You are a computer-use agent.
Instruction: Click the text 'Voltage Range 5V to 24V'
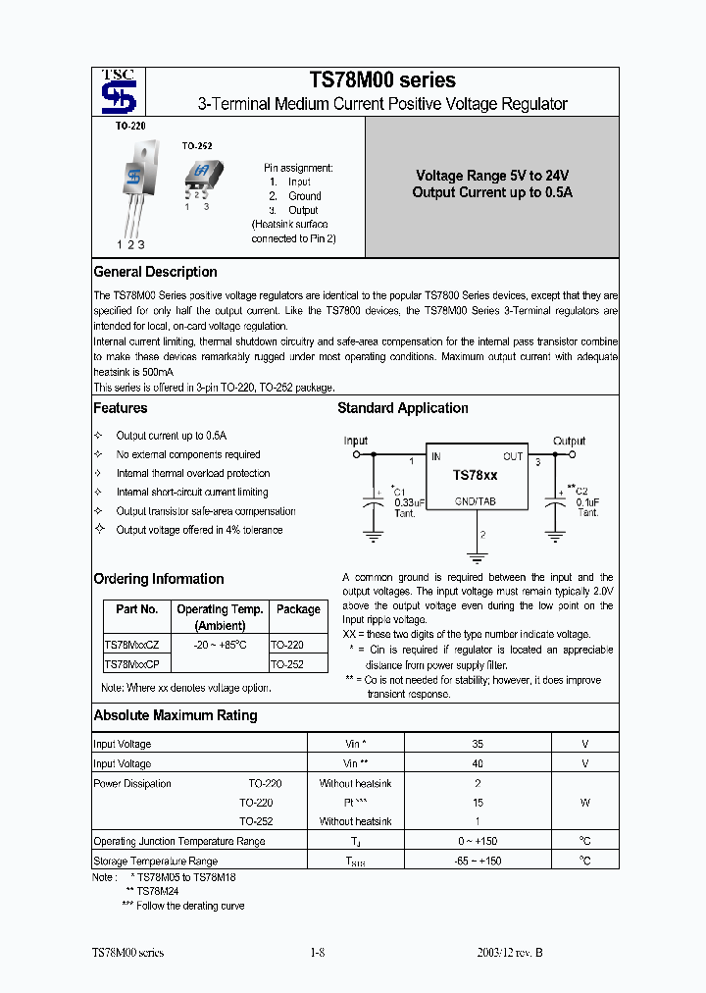click(491, 175)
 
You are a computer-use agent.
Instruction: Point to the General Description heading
click(155, 272)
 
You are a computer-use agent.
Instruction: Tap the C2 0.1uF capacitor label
click(585, 501)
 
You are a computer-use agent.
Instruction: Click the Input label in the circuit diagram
click(355, 441)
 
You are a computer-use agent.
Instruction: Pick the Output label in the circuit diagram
click(569, 441)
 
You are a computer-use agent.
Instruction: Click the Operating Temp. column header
click(220, 616)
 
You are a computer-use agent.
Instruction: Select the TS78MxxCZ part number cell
click(137, 645)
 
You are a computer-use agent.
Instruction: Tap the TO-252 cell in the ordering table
click(286, 664)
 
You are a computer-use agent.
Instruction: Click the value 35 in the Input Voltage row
click(478, 744)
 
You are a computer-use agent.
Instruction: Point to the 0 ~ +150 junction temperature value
click(478, 841)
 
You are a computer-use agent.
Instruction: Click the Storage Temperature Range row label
click(155, 861)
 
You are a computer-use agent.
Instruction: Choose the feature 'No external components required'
click(188, 454)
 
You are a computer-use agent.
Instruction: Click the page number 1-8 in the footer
click(317, 953)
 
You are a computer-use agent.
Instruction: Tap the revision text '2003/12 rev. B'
click(509, 953)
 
